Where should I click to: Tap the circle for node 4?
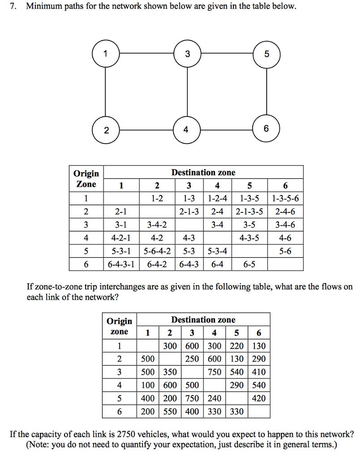186,130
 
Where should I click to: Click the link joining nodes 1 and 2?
105,92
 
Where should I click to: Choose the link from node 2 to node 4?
146,130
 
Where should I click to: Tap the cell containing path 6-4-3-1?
121,264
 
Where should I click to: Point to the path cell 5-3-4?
217,251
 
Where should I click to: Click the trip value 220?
237,345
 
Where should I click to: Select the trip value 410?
259,372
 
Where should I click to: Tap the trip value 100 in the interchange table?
148,385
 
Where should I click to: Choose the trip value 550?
170,411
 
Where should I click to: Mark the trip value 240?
216,398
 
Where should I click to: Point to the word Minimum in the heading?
44,7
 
